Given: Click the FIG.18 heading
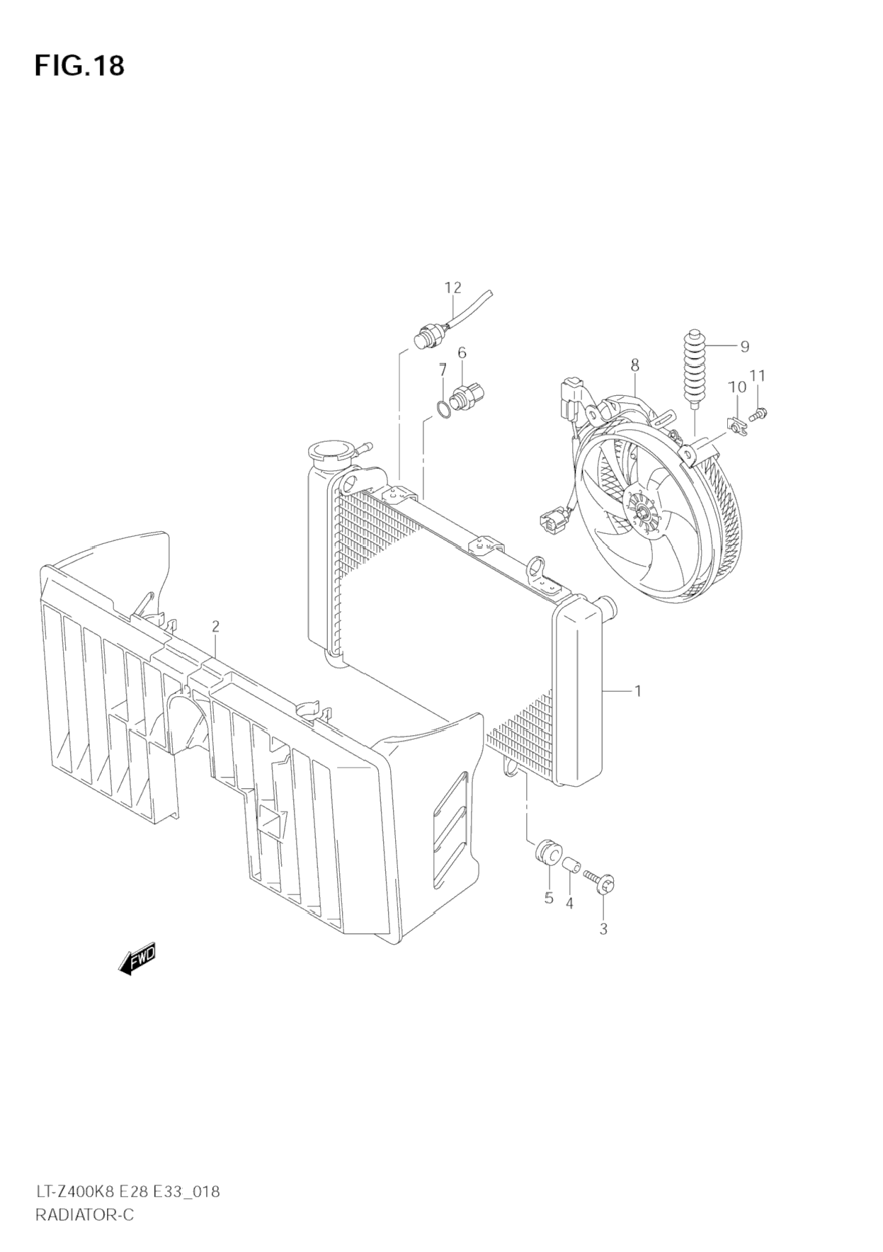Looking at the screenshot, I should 79,65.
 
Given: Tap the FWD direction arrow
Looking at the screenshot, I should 137,960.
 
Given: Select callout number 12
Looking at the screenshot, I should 452,288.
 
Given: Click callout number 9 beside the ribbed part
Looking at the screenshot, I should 744,346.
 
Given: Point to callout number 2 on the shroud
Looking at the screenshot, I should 215,626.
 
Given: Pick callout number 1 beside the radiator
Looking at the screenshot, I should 637,690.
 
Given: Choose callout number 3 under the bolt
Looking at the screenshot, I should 603,928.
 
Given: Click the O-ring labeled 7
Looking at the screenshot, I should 442,409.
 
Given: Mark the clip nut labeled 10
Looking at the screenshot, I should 738,425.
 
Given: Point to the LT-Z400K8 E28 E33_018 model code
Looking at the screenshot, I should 127,1191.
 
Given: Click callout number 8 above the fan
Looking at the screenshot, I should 634,365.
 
